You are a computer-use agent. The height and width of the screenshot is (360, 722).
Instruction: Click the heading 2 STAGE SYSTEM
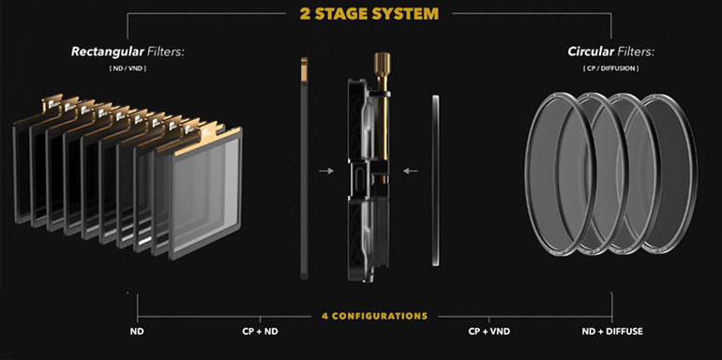pos(369,14)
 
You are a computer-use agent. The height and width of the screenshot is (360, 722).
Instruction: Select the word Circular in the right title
pos(591,52)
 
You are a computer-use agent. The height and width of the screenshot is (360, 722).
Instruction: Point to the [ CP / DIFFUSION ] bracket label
pos(611,68)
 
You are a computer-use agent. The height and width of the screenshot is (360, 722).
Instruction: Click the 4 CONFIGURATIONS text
pos(374,316)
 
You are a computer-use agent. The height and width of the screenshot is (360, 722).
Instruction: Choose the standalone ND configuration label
pos(137,332)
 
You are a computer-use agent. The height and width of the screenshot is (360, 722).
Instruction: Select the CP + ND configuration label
pos(260,332)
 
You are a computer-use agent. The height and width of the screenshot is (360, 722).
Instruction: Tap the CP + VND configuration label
pos(489,332)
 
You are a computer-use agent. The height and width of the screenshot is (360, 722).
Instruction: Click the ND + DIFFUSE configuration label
pos(612,332)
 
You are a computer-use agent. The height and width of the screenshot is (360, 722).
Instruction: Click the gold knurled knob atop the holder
pos(383,61)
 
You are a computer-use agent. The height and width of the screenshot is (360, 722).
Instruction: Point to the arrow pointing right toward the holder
pos(326,172)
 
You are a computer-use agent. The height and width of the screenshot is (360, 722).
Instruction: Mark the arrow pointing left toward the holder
pos(411,172)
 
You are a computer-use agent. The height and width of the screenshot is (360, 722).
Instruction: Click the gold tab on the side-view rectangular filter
pos(304,67)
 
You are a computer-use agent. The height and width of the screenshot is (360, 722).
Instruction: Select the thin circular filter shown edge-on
pos(436,180)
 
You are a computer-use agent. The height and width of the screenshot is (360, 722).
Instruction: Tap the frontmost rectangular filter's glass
pos(206,193)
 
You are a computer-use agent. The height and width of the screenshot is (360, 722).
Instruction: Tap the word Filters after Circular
pos(636,52)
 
